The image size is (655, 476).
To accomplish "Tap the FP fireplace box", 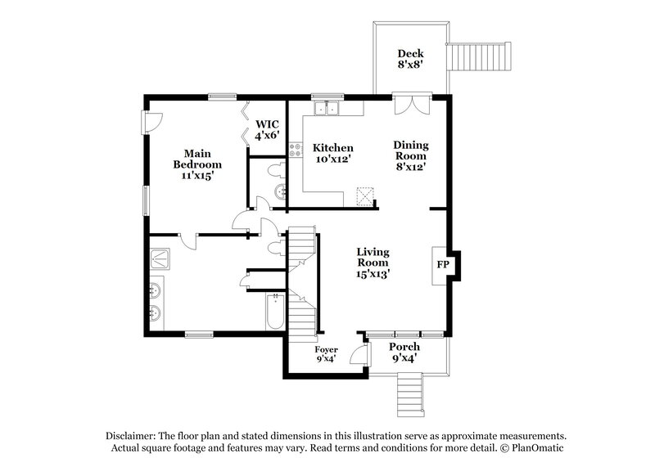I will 442,266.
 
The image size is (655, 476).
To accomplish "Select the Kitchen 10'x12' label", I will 333,153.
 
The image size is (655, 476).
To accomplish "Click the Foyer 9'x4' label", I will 327,354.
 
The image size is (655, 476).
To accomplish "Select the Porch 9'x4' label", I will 404,353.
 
